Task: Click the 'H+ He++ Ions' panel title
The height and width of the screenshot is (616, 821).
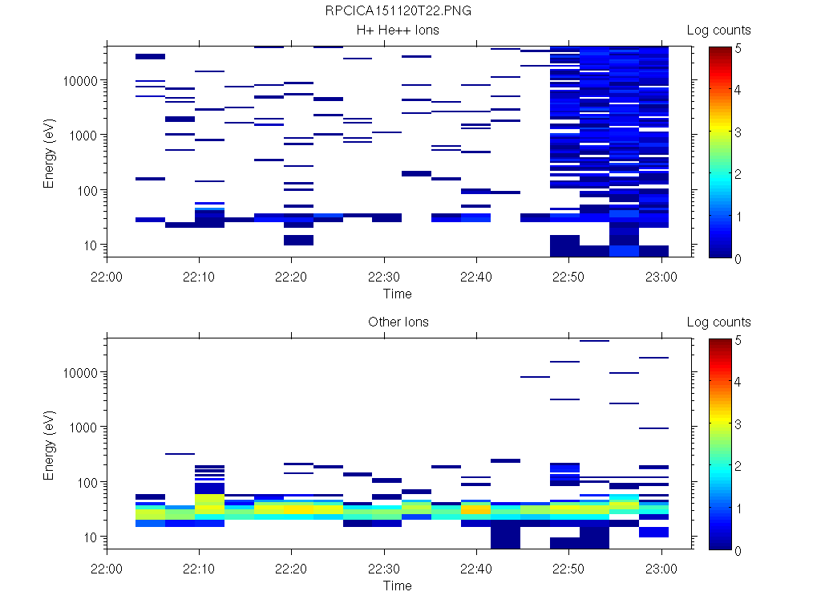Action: pyautogui.click(x=398, y=30)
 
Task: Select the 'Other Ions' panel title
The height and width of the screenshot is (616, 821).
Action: pyautogui.click(x=398, y=322)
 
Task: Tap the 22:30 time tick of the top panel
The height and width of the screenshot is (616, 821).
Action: pyautogui.click(x=384, y=276)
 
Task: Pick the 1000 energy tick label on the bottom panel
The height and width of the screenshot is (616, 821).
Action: pyautogui.click(x=83, y=428)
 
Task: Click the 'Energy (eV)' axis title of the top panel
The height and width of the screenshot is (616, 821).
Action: pyautogui.click(x=50, y=152)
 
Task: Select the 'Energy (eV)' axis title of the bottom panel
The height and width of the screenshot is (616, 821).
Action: pyautogui.click(x=50, y=444)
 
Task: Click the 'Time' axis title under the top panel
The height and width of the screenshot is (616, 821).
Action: pyautogui.click(x=397, y=294)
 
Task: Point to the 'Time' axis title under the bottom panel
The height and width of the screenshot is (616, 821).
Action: pyautogui.click(x=397, y=586)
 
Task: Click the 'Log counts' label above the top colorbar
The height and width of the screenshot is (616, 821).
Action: pyautogui.click(x=718, y=30)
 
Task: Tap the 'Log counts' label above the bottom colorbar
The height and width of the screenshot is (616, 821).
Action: pyautogui.click(x=718, y=322)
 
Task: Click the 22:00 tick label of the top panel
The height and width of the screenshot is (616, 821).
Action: pyautogui.click(x=107, y=276)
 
